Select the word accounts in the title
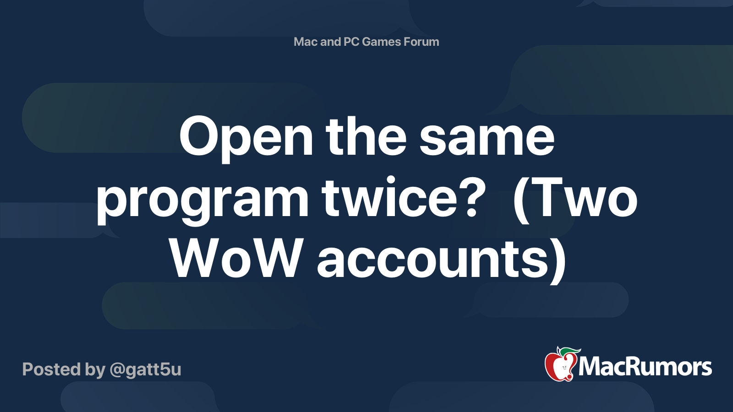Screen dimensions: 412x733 [433, 260]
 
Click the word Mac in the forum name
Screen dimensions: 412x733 [306, 42]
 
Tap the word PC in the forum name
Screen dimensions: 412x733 [351, 42]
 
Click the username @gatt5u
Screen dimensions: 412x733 [145, 369]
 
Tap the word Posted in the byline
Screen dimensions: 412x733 [52, 369]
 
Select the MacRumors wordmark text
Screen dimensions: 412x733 [645, 367]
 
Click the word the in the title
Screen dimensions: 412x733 [366, 137]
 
